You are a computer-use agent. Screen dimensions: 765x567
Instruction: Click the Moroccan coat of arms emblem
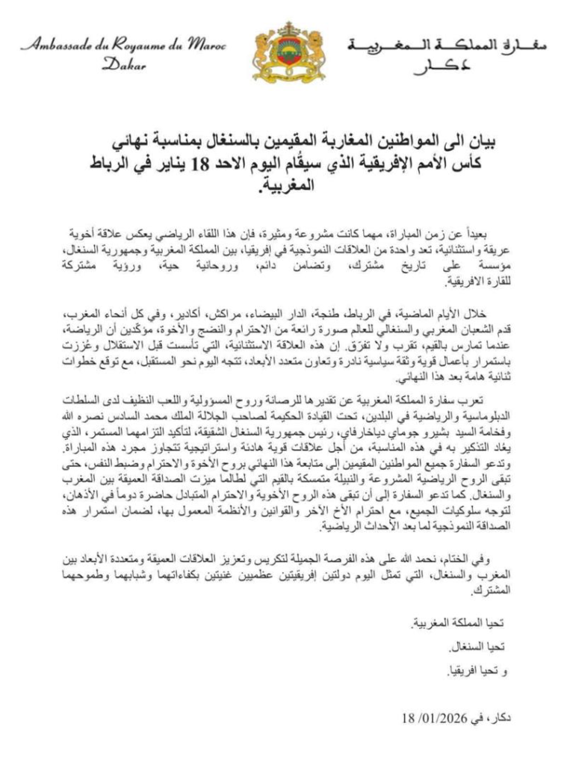[282, 53]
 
